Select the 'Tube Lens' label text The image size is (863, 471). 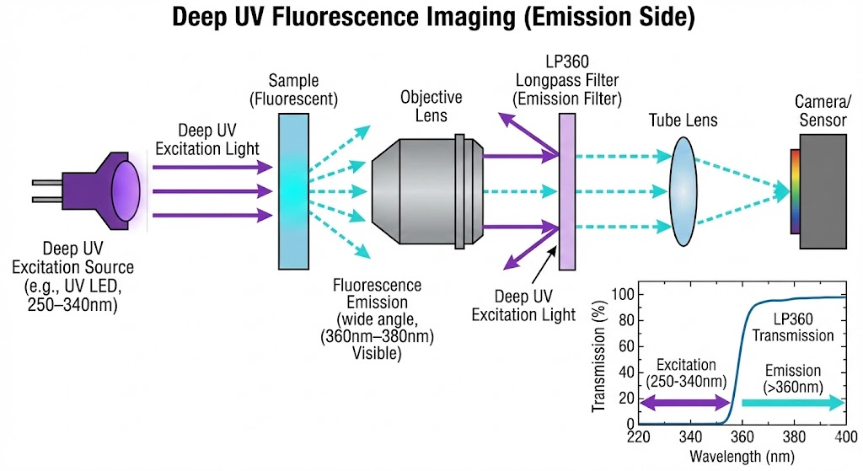pos(683,120)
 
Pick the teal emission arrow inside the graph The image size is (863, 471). pos(792,404)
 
